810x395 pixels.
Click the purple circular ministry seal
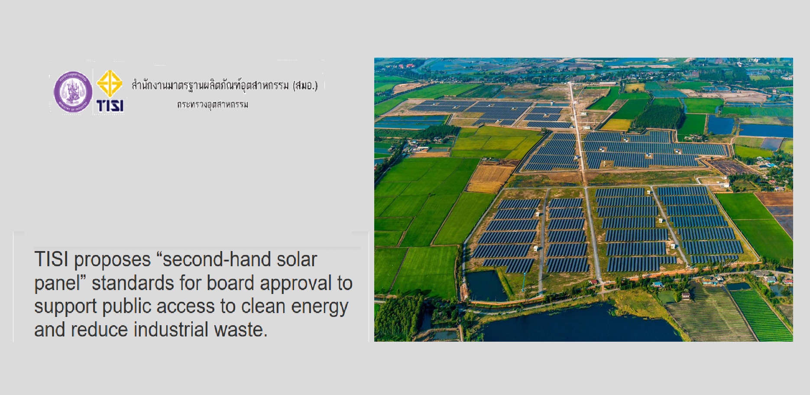[73, 92]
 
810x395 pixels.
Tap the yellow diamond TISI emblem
[109, 84]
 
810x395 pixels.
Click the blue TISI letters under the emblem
[110, 106]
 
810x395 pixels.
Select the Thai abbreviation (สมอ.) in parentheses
[305, 85]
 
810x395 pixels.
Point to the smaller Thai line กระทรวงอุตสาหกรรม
[213, 104]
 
